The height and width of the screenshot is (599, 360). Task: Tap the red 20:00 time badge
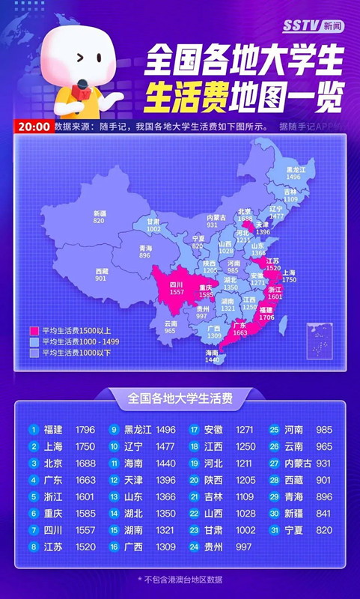coord(32,127)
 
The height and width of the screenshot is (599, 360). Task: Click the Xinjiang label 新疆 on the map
coord(99,213)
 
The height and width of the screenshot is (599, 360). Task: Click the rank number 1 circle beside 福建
coord(34,430)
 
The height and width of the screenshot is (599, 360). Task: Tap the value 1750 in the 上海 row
coord(86,446)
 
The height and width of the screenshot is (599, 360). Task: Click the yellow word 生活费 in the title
coord(180,95)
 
